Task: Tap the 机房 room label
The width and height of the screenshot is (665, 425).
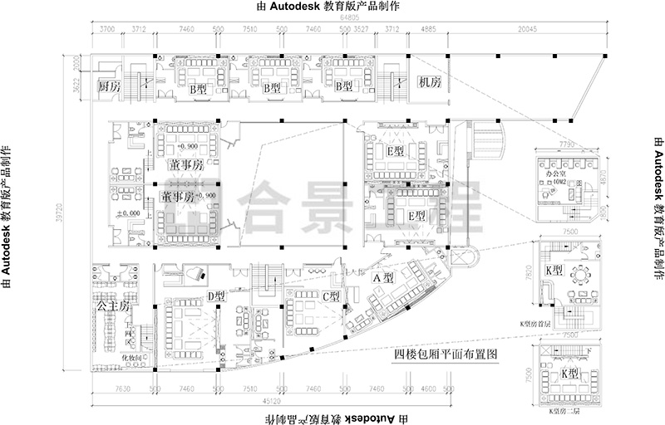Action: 430,83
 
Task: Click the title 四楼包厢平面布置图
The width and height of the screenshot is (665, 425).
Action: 446,354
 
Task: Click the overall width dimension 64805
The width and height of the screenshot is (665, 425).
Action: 349,17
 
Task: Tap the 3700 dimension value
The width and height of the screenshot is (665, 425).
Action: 106,28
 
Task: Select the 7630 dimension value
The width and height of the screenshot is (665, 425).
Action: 121,388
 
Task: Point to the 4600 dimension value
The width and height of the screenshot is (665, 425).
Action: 429,388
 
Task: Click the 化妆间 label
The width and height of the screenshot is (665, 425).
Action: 134,358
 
